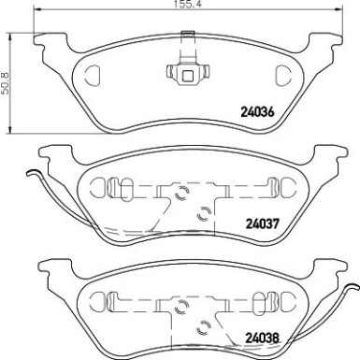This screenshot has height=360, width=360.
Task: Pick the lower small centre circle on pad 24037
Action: point(198,210)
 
